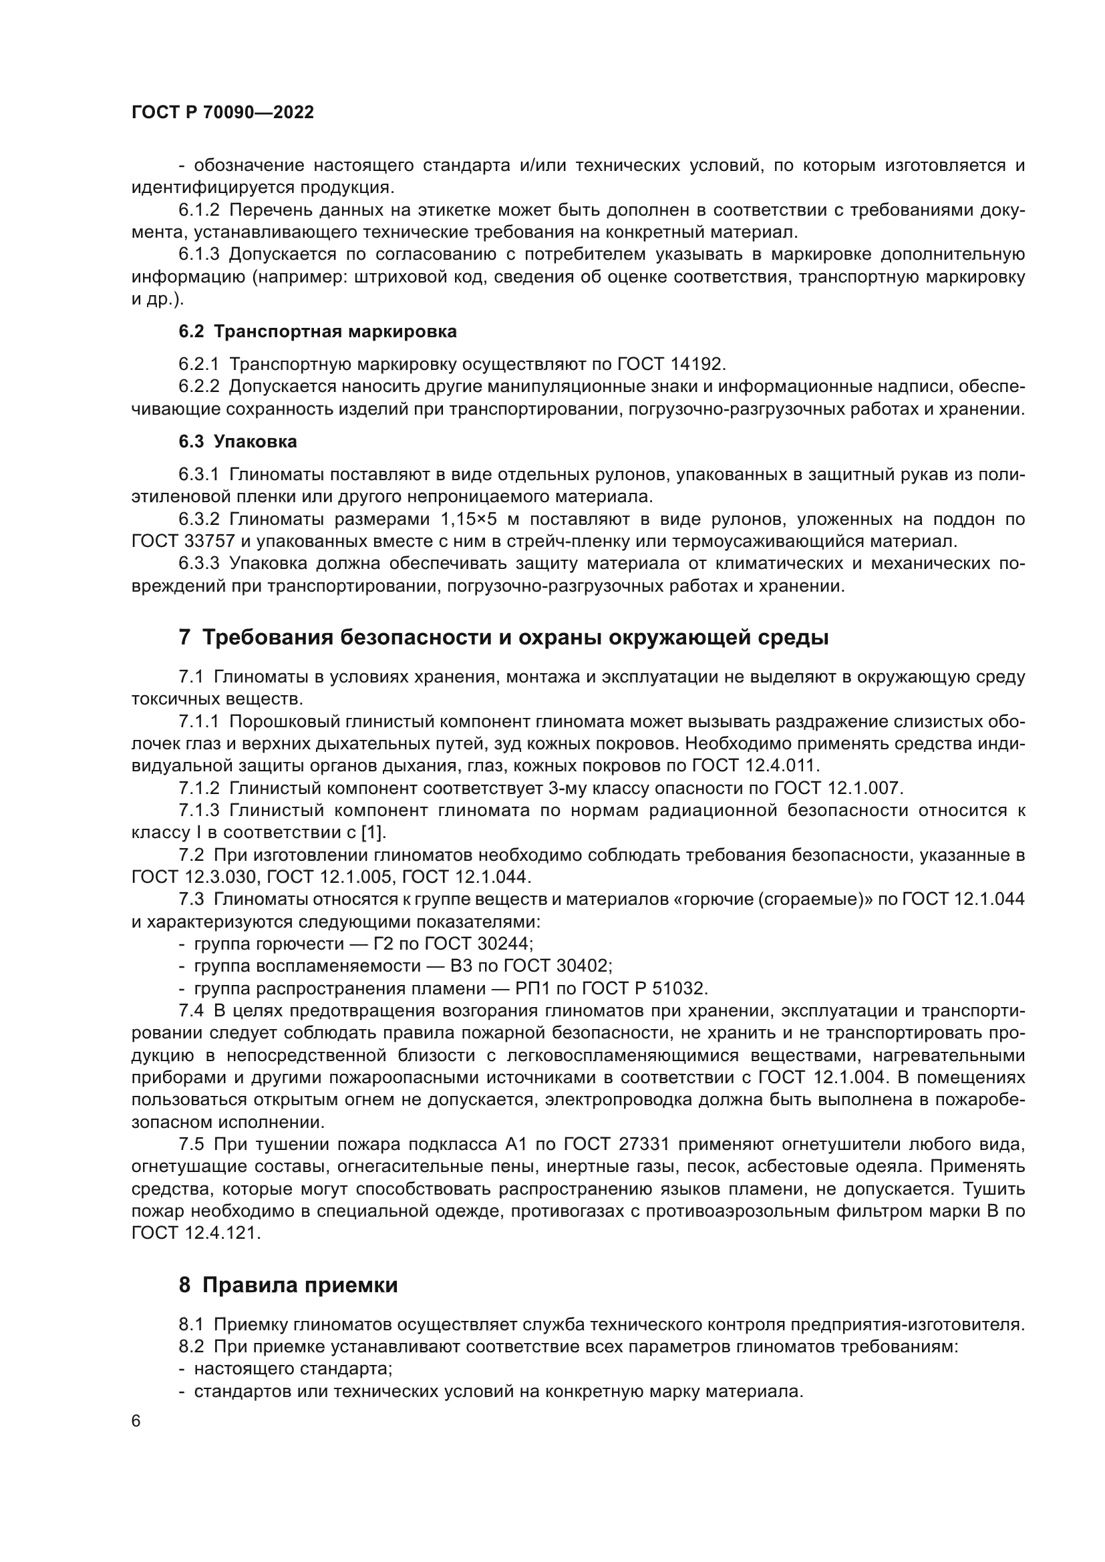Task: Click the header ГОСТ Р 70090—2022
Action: pyautogui.click(x=222, y=113)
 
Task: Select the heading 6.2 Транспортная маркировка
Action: pyautogui.click(x=318, y=331)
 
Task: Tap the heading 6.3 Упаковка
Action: pyautogui.click(x=237, y=441)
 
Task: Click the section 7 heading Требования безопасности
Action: pyautogui.click(x=504, y=638)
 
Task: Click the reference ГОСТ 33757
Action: pyautogui.click(x=183, y=542)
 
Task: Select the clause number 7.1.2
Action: pyautogui.click(x=199, y=788)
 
